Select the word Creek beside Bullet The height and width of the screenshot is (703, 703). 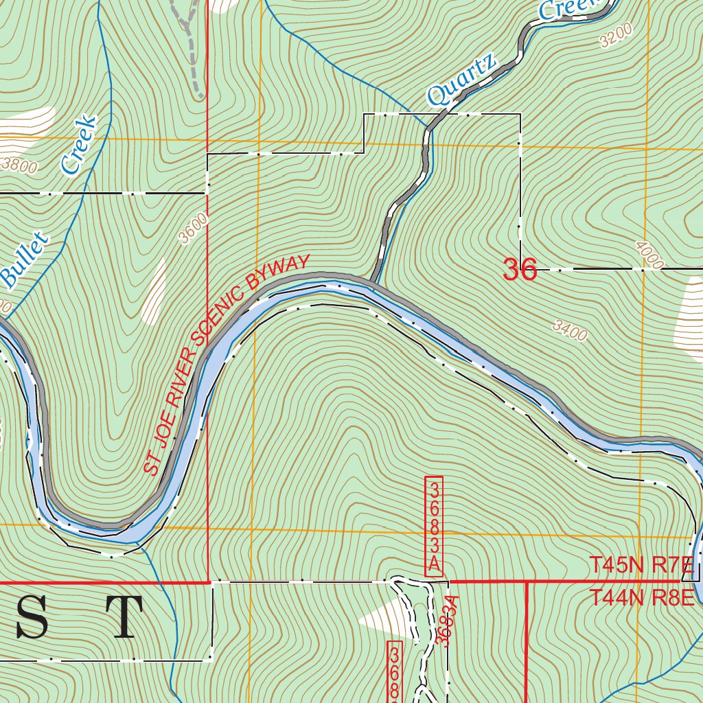[78, 144]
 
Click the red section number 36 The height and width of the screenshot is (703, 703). [519, 270]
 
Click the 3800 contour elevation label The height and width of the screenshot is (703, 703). [19, 164]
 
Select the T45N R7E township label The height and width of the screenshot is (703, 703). [642, 566]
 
